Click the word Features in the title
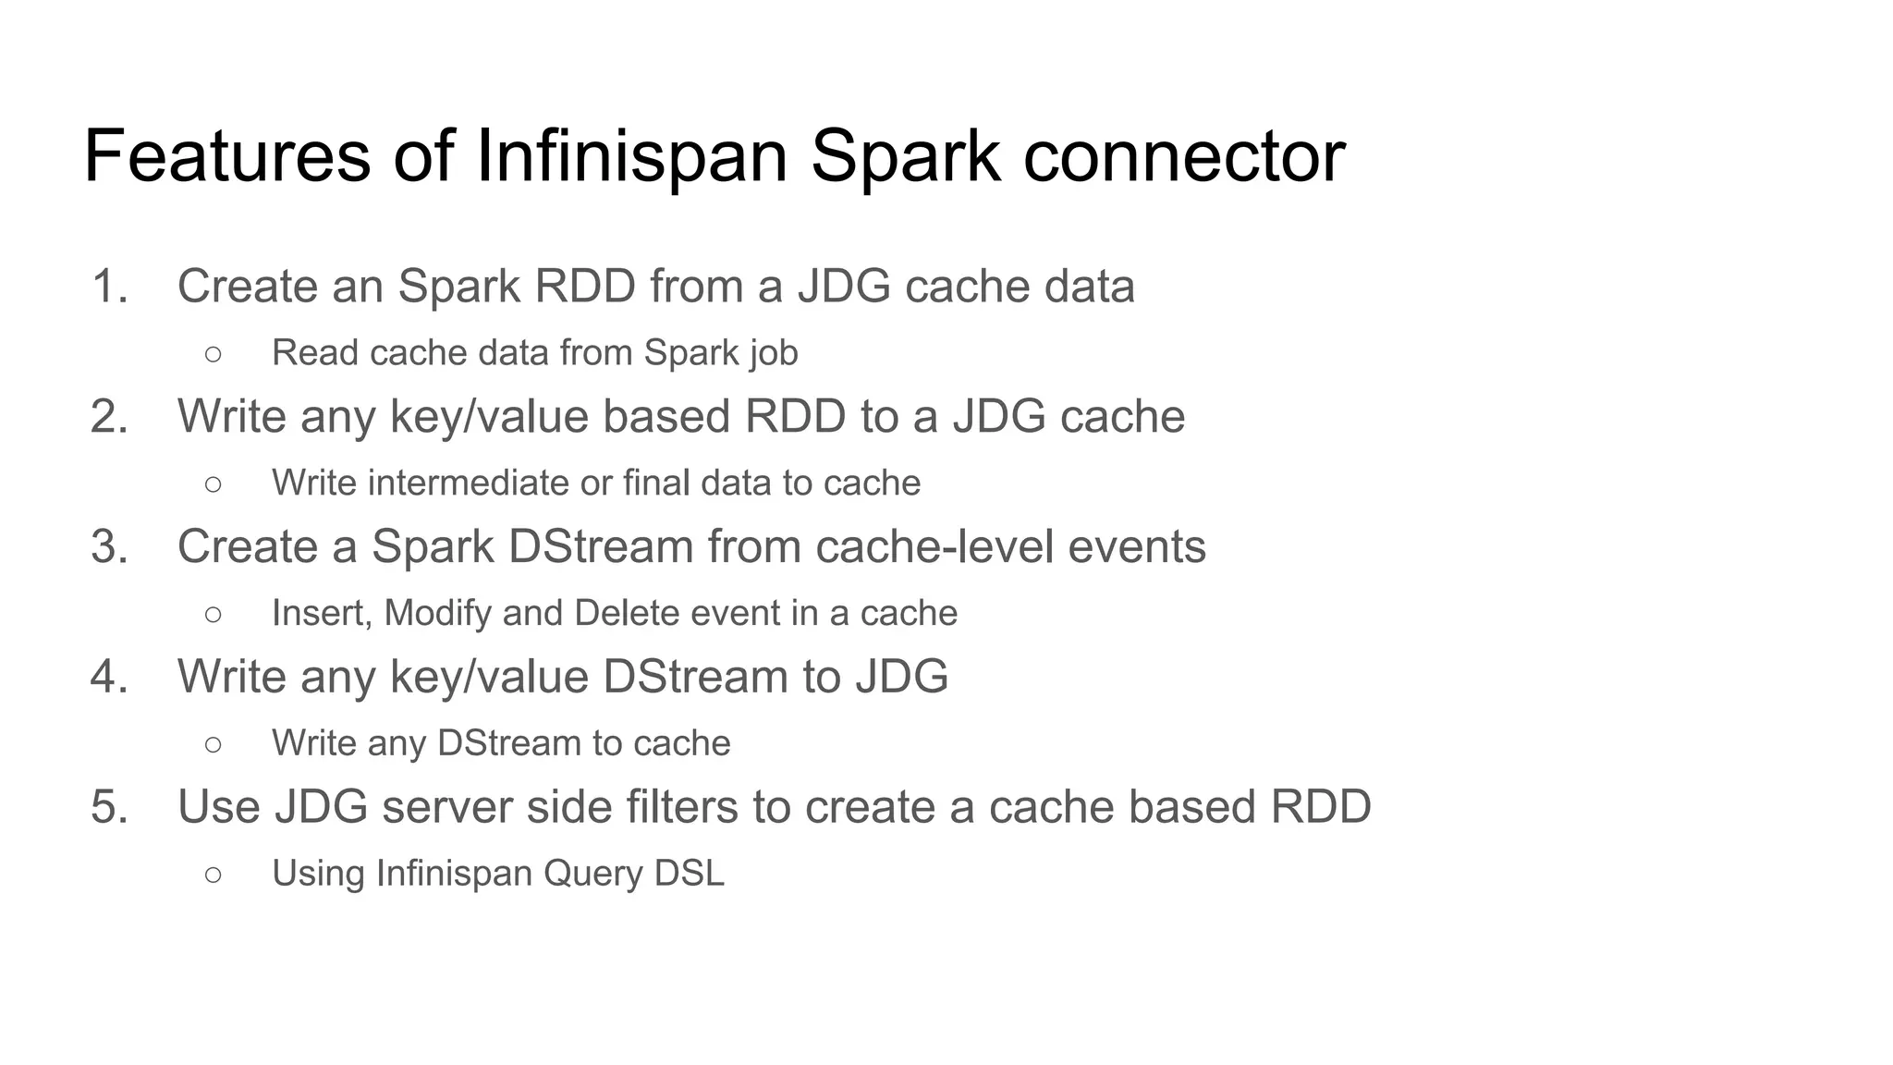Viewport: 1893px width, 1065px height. [227, 156]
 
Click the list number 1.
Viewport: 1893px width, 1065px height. [109, 286]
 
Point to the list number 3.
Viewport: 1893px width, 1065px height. [109, 546]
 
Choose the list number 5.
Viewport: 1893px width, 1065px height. [109, 807]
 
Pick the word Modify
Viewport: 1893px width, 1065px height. [437, 613]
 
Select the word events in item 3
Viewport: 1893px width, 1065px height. [1137, 546]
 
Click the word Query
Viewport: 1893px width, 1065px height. [592, 874]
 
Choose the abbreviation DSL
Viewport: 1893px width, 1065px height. [689, 874]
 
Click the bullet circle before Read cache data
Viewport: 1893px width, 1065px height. [214, 353]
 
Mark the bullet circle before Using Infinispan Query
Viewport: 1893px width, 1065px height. [214, 874]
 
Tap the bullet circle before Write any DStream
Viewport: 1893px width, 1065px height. [214, 743]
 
